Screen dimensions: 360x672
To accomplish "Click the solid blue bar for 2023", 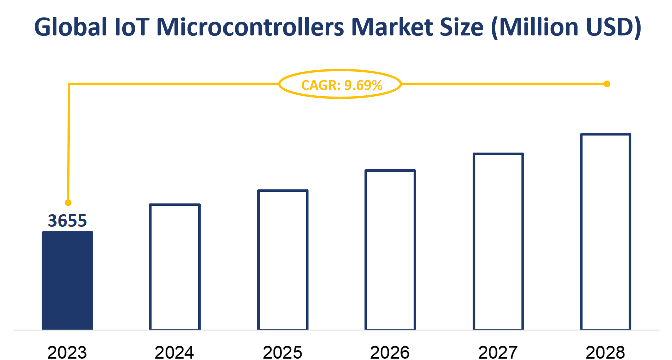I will click(67, 280).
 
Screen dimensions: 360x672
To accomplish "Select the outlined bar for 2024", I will click(175, 267).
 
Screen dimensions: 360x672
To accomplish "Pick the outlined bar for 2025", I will click(283, 260).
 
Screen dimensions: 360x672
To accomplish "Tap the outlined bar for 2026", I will click(390, 250).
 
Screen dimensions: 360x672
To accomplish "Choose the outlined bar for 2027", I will click(498, 242).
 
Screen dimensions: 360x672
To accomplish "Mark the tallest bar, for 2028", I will click(605, 232).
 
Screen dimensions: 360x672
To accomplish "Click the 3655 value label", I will click(67, 220).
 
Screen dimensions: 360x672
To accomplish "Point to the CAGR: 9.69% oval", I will click(340, 84).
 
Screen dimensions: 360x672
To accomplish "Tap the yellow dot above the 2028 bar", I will click(607, 84).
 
